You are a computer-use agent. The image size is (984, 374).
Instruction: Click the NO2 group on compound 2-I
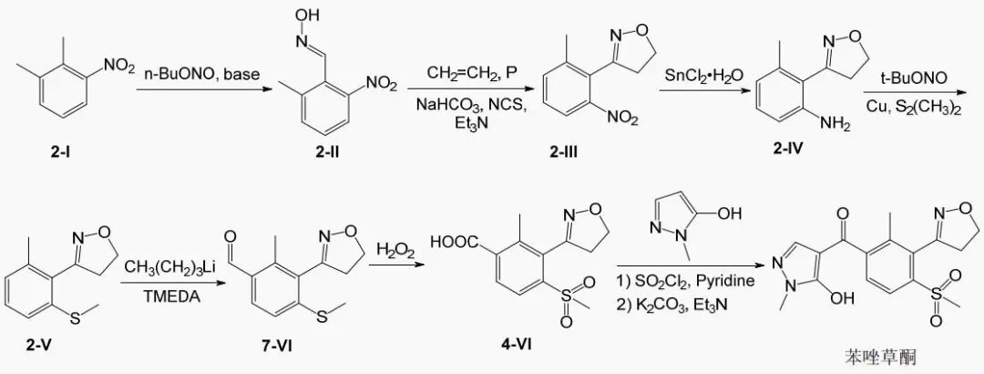[119, 64]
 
